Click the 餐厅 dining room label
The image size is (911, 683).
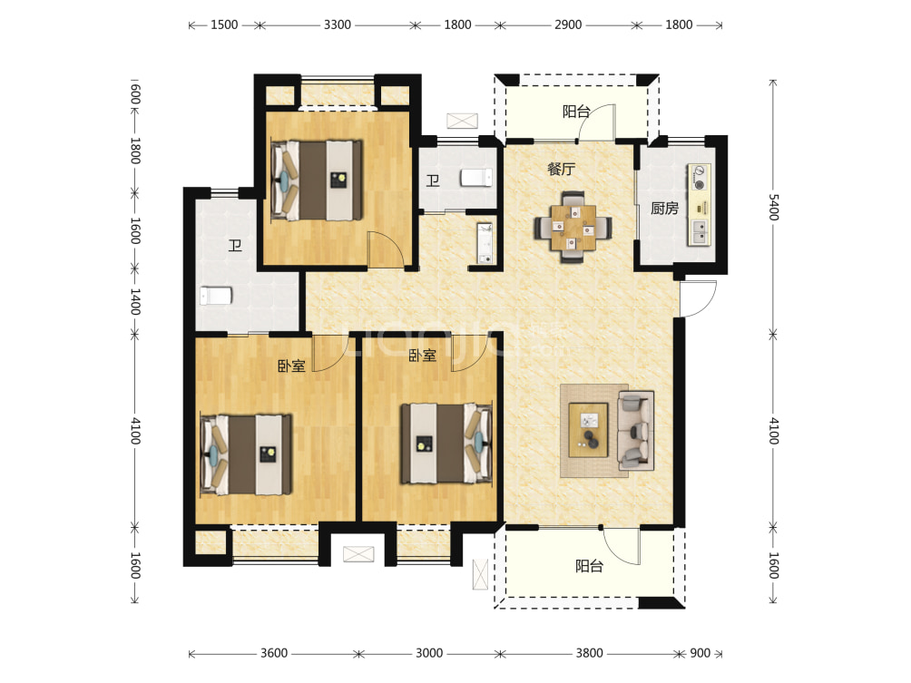561,169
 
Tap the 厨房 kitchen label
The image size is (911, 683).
664,208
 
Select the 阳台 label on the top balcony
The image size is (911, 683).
576,112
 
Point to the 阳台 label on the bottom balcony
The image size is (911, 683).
589,566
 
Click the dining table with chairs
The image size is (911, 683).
573,227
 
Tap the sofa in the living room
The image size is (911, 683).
635,430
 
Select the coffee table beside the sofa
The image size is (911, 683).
589,430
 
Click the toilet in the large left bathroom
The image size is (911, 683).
216,296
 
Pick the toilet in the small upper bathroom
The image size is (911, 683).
476,178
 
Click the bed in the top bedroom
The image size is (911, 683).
317,180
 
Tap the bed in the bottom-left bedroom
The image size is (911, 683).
246,454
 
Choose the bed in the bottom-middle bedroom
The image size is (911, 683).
446,444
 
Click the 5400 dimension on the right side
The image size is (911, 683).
773,208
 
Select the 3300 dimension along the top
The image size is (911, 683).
338,25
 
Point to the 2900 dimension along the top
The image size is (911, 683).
568,25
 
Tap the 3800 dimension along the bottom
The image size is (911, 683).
589,653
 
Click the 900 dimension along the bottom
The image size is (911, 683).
700,653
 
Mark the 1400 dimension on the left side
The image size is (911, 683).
135,301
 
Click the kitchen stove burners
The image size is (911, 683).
700,178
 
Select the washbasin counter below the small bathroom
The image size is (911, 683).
485,243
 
